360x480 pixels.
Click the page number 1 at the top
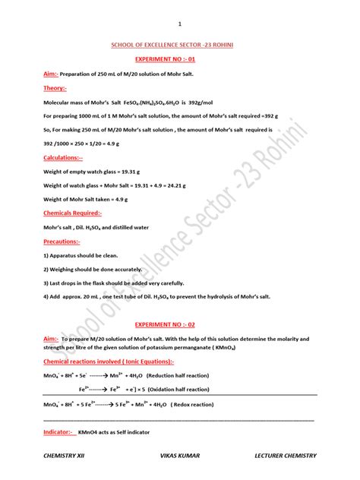(x=180, y=24)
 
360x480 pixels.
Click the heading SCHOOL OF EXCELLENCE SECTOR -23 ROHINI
(x=180, y=46)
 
